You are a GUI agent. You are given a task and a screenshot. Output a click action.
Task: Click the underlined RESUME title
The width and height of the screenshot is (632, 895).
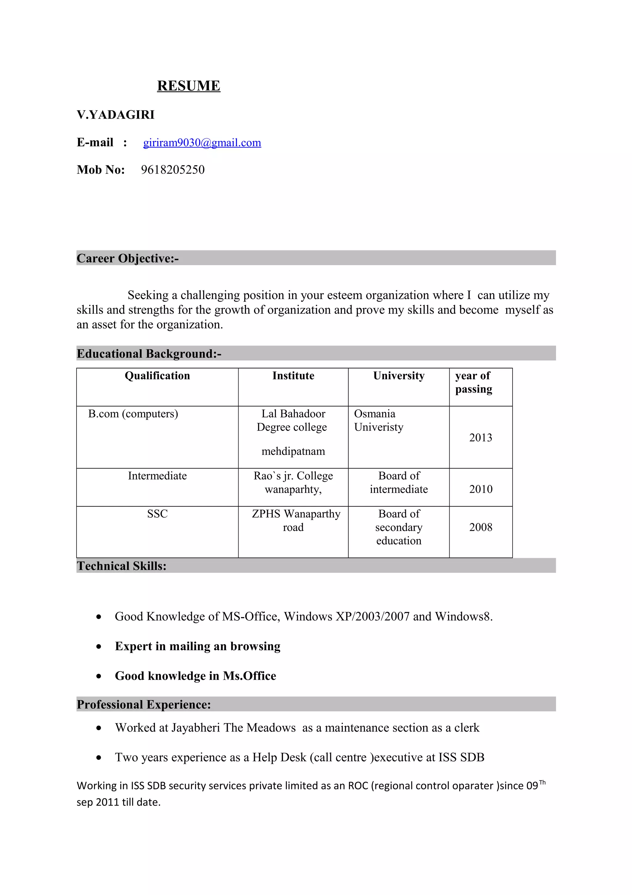(x=189, y=86)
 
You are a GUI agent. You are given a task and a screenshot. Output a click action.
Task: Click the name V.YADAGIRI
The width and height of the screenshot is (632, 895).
(x=116, y=115)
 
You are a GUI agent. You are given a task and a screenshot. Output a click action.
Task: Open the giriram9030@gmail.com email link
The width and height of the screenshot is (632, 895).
(x=202, y=143)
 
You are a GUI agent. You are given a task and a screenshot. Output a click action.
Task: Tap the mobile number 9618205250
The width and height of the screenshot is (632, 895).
(x=173, y=170)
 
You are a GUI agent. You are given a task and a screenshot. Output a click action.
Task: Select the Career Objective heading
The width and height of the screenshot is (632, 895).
(x=128, y=258)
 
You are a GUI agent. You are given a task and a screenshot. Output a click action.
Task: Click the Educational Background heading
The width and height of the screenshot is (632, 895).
(x=149, y=354)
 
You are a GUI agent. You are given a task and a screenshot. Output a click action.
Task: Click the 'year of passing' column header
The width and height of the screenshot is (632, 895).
(x=473, y=382)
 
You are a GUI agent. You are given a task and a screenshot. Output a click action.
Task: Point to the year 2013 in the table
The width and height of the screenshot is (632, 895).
(x=480, y=438)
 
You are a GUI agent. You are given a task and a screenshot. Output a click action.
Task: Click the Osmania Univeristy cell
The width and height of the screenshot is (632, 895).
(x=379, y=420)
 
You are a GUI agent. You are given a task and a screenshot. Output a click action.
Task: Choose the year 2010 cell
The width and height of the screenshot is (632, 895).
(x=480, y=489)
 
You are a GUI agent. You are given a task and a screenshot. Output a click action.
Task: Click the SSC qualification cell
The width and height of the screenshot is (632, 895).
(x=157, y=514)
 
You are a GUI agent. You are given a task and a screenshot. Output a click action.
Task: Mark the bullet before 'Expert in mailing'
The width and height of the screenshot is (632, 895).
(x=99, y=647)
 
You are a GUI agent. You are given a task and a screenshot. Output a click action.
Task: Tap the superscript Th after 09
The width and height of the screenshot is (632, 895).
(x=542, y=783)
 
